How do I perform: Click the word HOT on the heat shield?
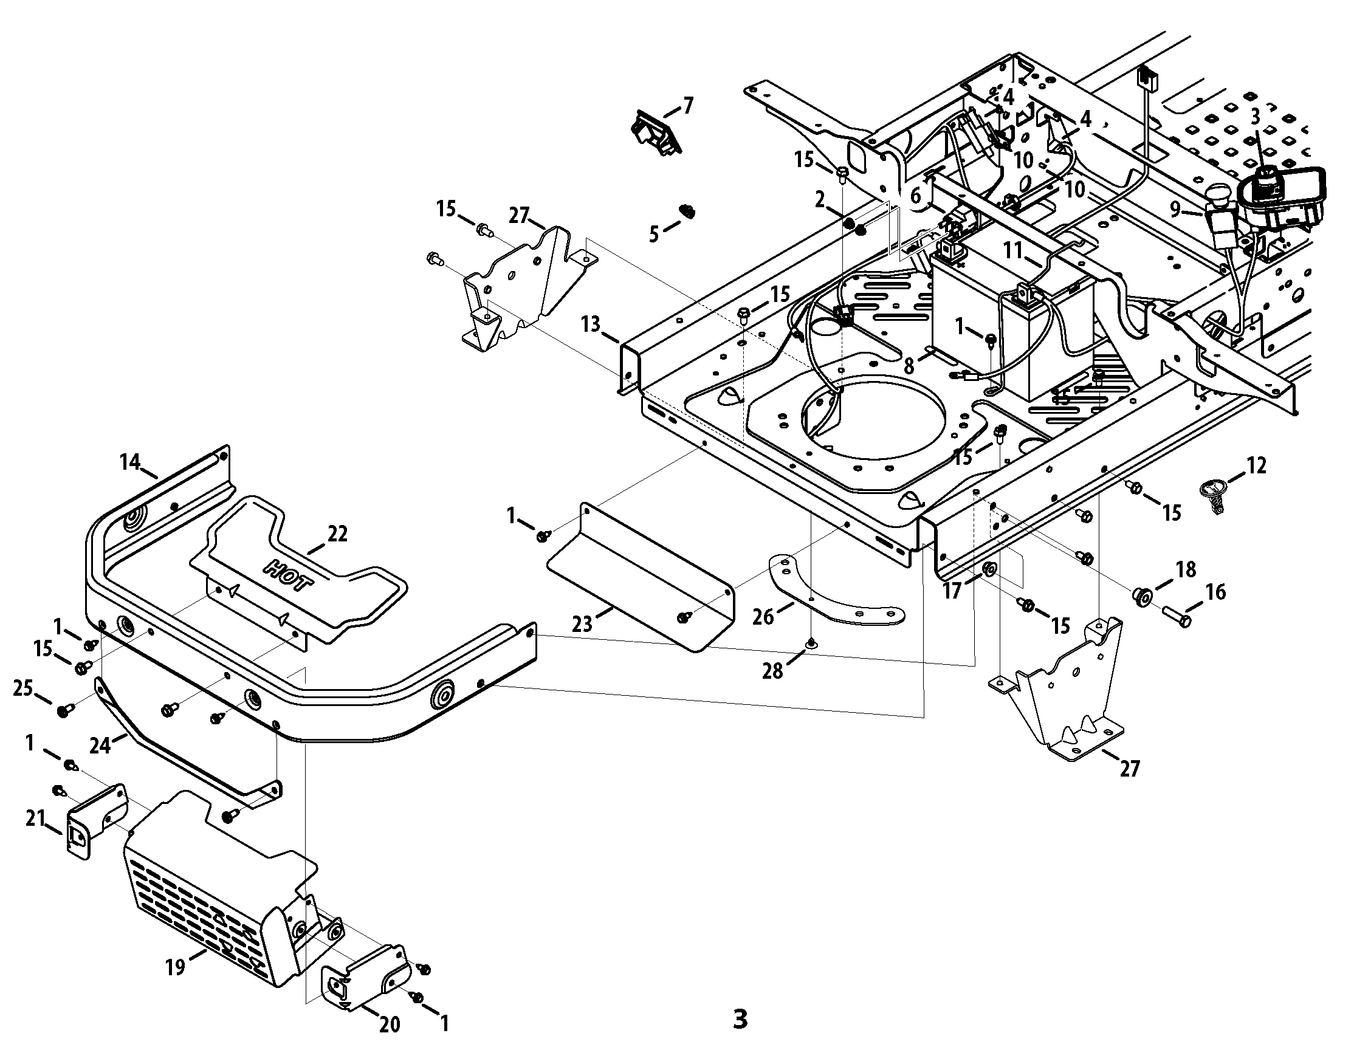289,576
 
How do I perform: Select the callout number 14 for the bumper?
130,462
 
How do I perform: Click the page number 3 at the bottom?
740,1019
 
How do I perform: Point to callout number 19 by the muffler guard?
176,966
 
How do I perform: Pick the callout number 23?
582,624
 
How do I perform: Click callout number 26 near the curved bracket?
764,617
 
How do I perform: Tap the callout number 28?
772,671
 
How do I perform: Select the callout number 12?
1257,465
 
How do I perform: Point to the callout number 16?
1216,592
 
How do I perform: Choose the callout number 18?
1186,569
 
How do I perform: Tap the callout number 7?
688,106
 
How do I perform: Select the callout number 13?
591,323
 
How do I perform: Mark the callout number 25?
23,688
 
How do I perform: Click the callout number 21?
35,819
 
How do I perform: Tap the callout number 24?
100,745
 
